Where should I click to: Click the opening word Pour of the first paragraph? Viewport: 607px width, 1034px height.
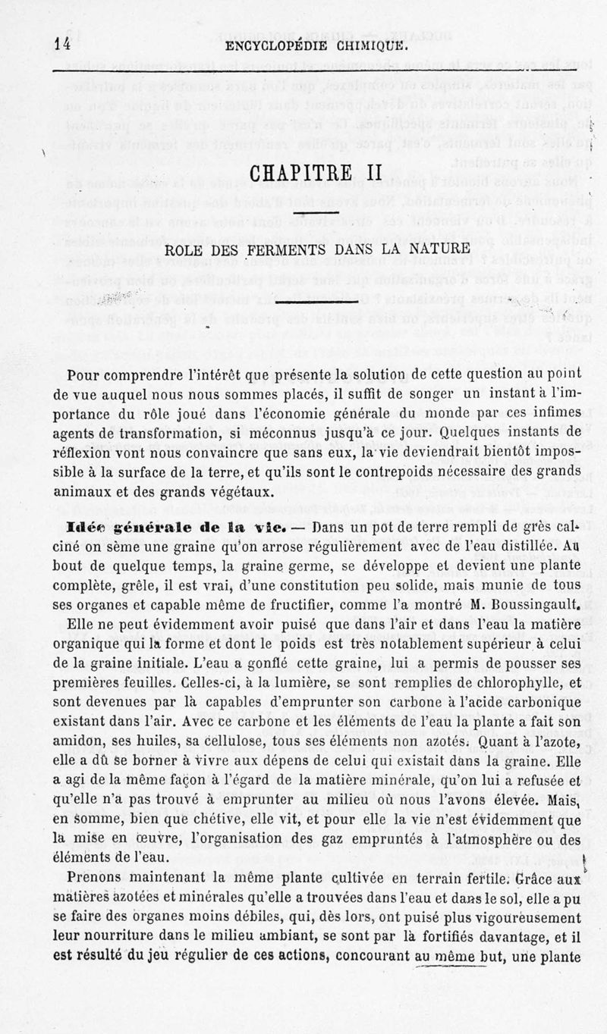83,374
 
